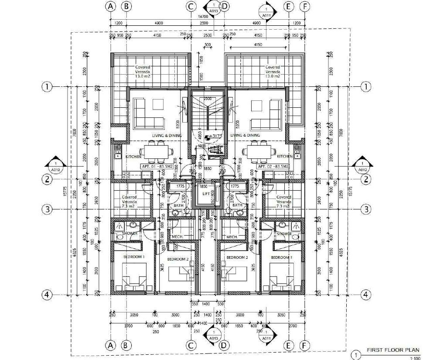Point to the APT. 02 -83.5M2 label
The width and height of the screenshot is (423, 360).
pyautogui.click(x=273, y=166)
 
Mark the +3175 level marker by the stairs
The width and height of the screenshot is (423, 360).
pyautogui.click(x=216, y=136)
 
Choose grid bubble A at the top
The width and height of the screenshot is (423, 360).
pyautogui.click(x=111, y=6)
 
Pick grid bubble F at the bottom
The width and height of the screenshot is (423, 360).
pyautogui.click(x=305, y=346)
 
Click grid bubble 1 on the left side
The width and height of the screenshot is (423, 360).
pyautogui.click(x=47, y=86)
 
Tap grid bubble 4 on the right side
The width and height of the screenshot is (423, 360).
pyautogui.click(x=366, y=295)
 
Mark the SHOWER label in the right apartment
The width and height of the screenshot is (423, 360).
pyautogui.click(x=284, y=234)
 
